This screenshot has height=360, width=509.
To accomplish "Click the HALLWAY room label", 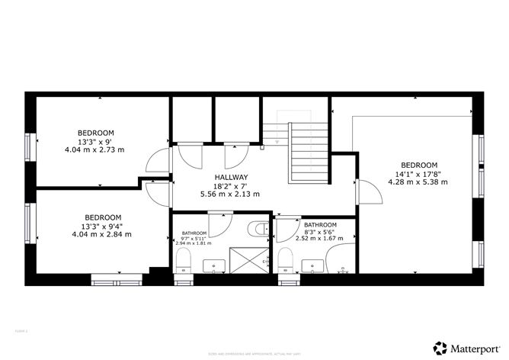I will coord(230,177).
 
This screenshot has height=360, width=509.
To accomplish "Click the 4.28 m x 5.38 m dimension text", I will coord(418,182).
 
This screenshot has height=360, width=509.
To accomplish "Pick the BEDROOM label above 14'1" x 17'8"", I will coord(418,166).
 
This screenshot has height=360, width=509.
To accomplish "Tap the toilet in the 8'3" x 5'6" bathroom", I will coord(285,259).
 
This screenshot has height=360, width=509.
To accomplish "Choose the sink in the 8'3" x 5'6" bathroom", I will coord(312,265).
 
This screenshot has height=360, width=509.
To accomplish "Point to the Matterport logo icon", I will coord(440,346).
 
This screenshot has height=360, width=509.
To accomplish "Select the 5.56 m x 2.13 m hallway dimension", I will coord(230,194).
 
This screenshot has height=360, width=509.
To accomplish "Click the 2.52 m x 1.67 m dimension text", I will coord(321,238).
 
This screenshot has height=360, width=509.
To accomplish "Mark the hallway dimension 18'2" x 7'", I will coord(230,185).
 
